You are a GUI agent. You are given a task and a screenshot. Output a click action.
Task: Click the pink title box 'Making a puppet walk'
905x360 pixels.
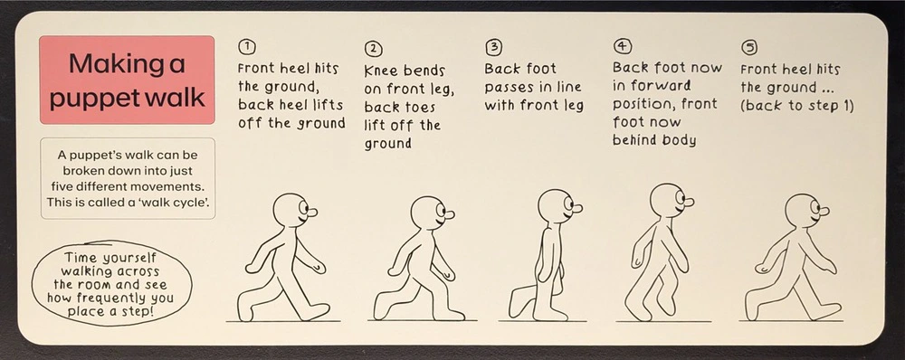click(x=127, y=80)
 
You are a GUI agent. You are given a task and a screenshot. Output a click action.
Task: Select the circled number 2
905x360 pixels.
click(x=373, y=49)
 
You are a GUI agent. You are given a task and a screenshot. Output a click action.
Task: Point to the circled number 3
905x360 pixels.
click(x=493, y=46)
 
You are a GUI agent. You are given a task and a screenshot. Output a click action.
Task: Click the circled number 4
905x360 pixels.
click(x=623, y=45)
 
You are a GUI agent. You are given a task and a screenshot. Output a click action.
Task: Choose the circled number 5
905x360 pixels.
click(x=748, y=46)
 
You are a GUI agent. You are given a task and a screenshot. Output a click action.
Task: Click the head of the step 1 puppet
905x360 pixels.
click(x=290, y=210)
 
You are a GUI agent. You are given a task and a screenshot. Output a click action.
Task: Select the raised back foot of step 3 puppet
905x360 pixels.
click(x=519, y=302)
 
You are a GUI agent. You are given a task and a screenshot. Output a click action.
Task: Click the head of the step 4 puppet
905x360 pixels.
click(x=667, y=199)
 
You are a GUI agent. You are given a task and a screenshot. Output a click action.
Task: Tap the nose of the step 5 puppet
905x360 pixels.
click(x=824, y=214)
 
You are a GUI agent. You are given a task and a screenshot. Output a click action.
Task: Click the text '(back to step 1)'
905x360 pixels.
click(x=796, y=105)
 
